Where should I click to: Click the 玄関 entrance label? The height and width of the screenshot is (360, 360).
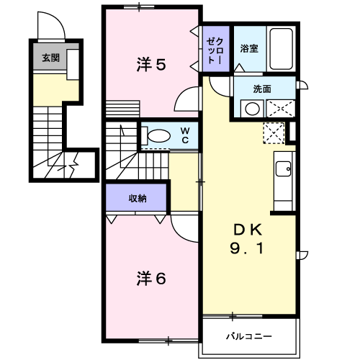coord(50,58)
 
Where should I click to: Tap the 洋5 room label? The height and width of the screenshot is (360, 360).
coord(152,65)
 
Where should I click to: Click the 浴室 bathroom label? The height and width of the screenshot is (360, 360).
coord(249,49)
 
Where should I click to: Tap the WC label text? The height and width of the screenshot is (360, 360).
coord(184,135)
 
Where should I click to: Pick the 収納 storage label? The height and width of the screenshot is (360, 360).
coord(138,197)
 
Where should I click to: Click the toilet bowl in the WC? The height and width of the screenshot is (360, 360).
coord(154,135)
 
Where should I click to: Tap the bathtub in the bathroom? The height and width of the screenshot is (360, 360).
coord(281,49)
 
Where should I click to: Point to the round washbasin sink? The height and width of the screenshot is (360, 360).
coord(251,109)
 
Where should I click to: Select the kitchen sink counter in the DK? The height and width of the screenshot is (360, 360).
coord(283,174)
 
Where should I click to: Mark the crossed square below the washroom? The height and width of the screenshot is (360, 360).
coord(274,132)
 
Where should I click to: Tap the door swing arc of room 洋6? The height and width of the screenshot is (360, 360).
coord(184,230)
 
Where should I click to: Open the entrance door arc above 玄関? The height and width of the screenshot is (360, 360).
coord(51,29)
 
